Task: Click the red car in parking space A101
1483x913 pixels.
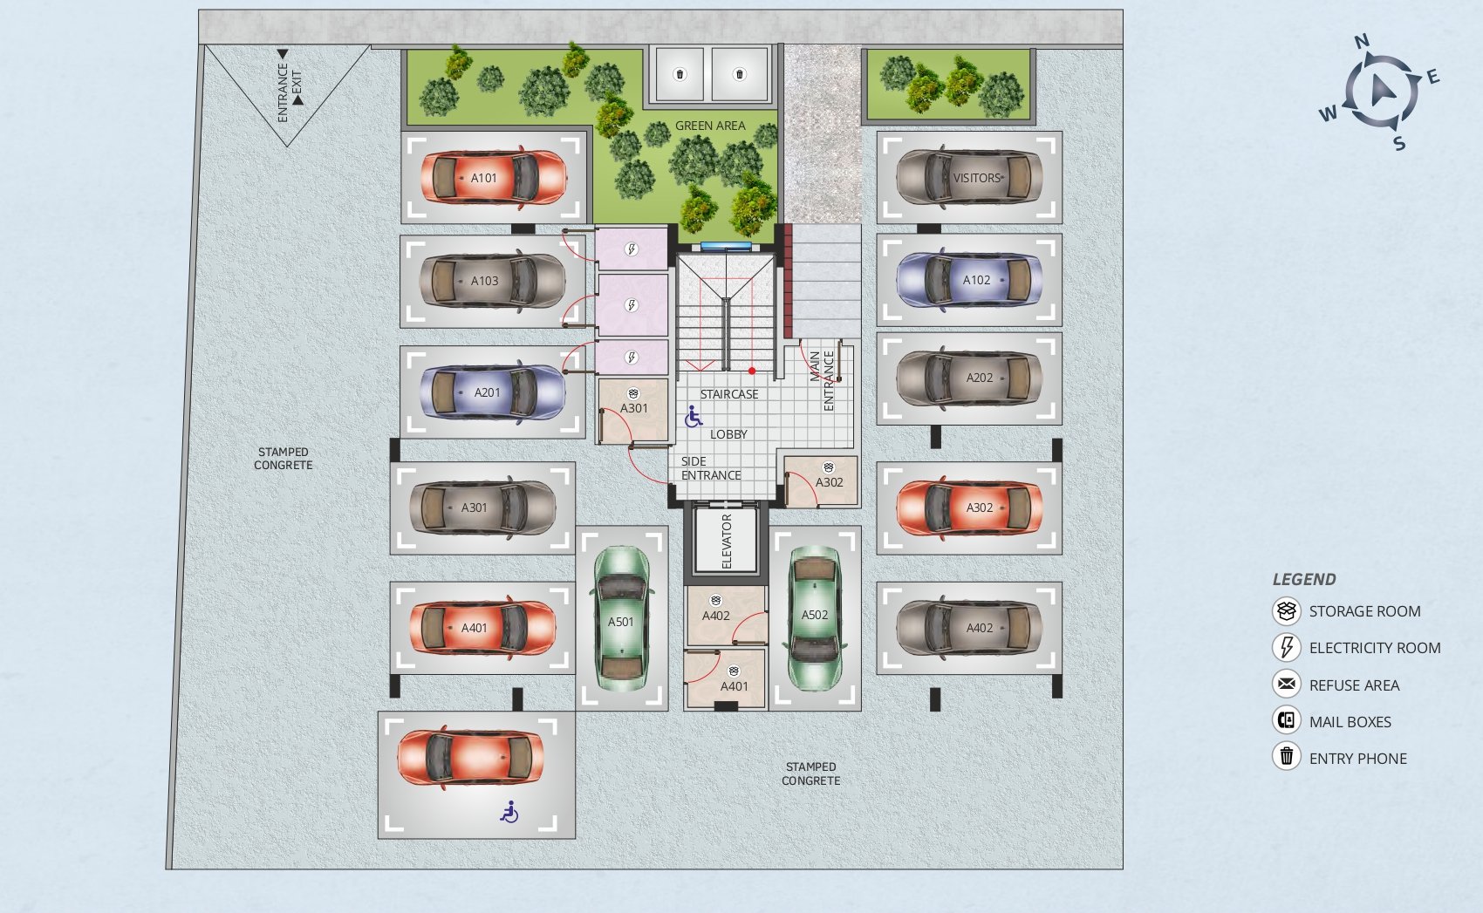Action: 494,177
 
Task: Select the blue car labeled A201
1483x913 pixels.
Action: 493,392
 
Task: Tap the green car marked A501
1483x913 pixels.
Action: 621,618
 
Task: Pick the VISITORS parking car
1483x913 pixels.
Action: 969,177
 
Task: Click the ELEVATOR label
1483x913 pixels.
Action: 727,542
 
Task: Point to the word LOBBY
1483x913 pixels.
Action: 728,434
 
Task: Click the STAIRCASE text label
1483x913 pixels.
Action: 729,394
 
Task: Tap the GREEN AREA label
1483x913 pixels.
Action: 710,126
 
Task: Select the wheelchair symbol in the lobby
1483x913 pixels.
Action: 693,417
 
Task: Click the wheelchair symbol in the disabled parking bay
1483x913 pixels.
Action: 509,812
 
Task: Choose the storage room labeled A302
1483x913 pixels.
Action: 821,481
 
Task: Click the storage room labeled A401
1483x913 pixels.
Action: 726,678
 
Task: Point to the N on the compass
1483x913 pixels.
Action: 1361,42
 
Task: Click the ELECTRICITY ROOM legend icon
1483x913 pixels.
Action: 1287,647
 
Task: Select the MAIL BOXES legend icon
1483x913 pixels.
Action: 1287,719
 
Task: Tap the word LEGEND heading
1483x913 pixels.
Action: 1304,580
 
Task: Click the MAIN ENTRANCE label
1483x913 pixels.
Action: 822,380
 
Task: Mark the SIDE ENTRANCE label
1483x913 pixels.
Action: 710,468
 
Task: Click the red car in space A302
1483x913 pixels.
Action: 969,508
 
